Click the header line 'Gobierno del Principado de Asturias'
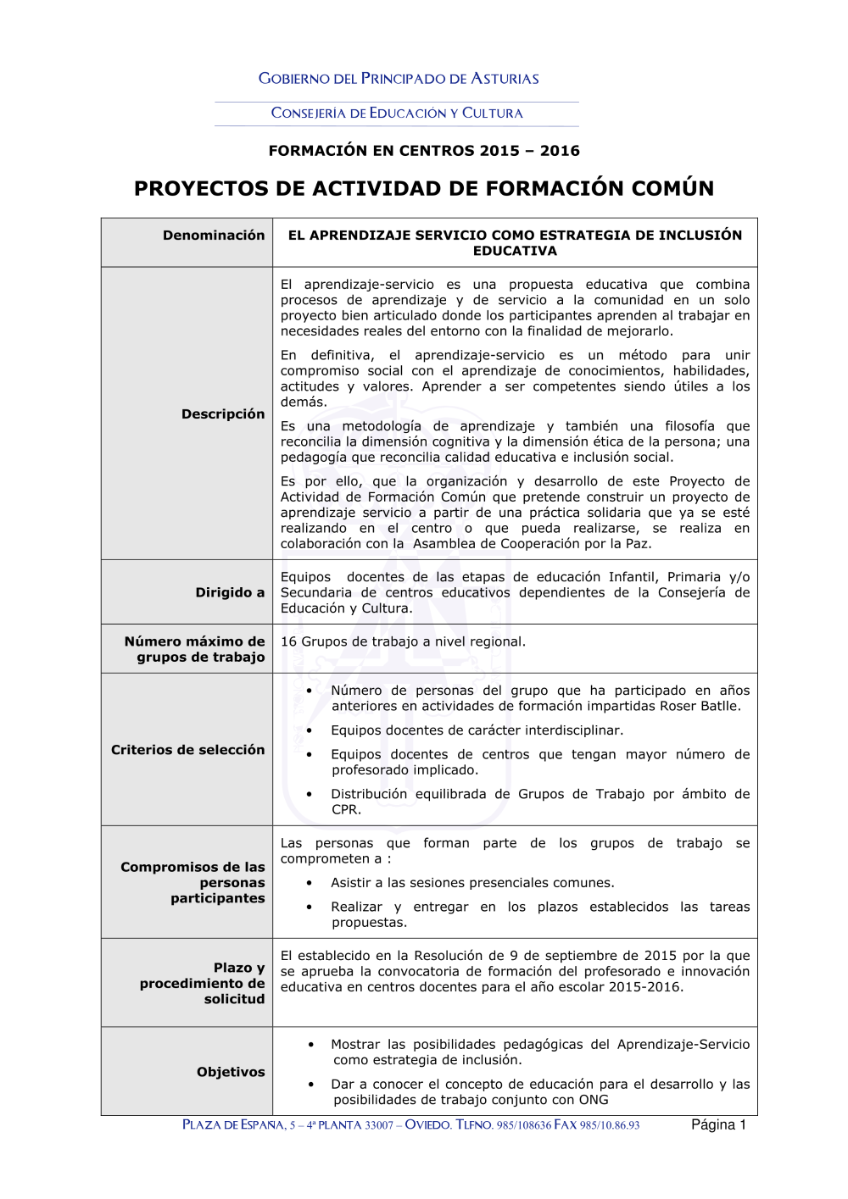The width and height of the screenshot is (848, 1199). pos(399,79)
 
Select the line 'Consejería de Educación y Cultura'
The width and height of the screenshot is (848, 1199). pos(397,113)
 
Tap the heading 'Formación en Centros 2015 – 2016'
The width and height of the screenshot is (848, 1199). pos(424,151)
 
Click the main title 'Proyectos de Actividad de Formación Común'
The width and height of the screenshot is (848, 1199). pos(424,188)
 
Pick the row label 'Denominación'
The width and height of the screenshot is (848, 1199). pos(214,236)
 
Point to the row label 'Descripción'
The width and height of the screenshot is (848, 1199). pos(223,414)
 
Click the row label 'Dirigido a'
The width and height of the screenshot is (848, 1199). pos(230,592)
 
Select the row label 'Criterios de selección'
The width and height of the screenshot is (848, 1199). pos(187,750)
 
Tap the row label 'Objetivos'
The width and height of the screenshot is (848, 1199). pos(231,1072)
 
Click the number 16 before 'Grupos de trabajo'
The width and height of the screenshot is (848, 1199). pos(288,641)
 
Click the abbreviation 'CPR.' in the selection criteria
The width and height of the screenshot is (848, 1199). pos(346,809)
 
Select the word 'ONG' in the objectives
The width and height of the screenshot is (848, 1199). pos(593,1100)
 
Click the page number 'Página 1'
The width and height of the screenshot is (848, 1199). pos(718,1125)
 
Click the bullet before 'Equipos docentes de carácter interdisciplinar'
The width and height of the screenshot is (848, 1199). pos(310,730)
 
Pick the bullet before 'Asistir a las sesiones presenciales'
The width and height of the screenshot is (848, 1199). pos(310,883)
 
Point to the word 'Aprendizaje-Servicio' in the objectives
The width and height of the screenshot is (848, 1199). pos(683,1044)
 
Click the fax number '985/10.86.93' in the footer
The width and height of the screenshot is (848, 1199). pos(610,1125)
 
